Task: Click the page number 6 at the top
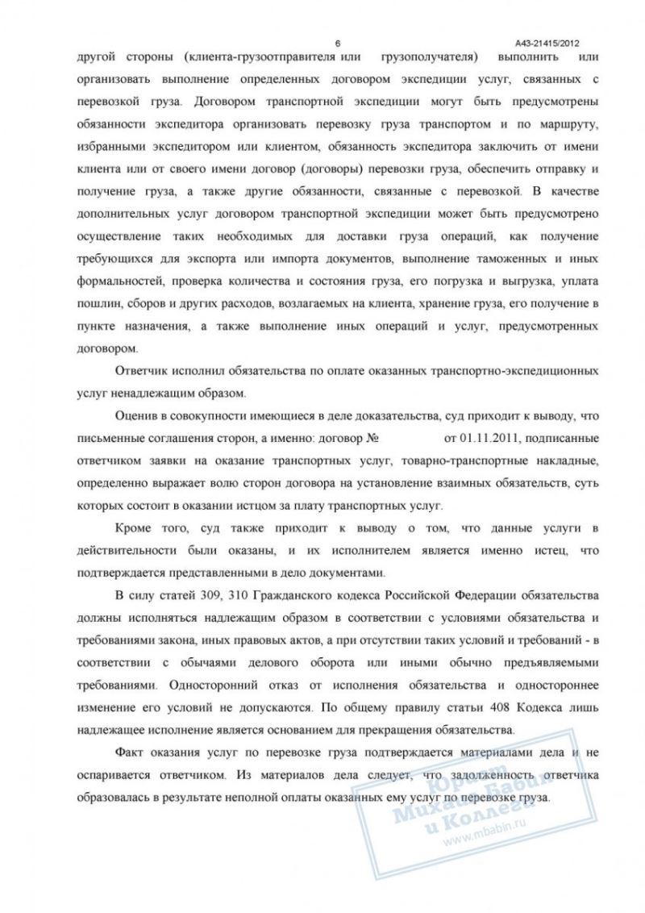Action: pyautogui.click(x=337, y=43)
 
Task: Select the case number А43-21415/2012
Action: pyautogui.click(x=547, y=43)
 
